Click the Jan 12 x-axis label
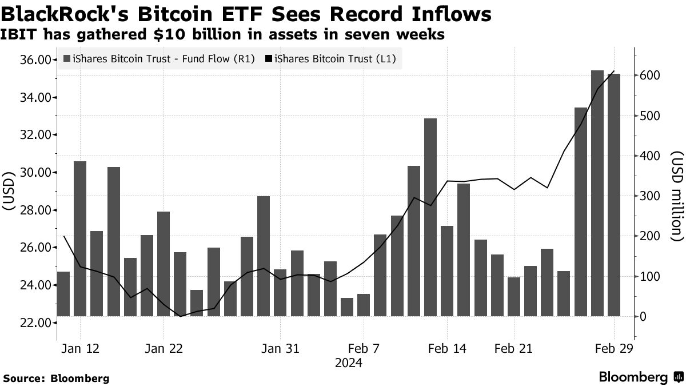80,349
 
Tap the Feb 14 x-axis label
446,349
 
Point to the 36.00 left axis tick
35,60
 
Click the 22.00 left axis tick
35,323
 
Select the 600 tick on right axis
651,75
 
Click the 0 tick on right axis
643,316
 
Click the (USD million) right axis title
677,196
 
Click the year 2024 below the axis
348,363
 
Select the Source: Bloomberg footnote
56,378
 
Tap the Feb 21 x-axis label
513,349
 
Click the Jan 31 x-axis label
280,349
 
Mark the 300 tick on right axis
651,196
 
